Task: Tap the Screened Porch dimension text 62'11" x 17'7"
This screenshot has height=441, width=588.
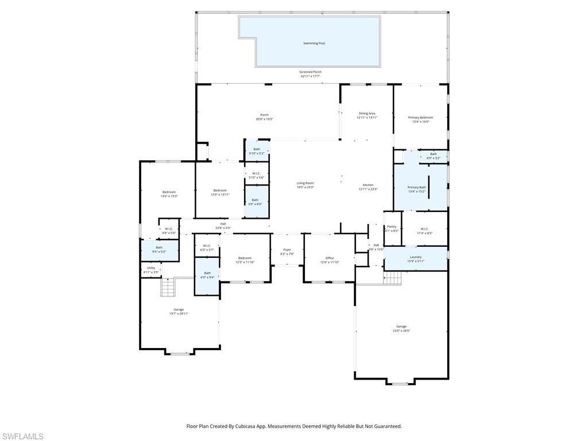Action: click(x=310, y=76)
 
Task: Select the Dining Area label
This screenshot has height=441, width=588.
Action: click(x=367, y=114)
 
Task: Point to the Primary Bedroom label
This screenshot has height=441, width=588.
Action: click(x=420, y=118)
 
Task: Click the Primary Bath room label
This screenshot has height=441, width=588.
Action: click(x=416, y=187)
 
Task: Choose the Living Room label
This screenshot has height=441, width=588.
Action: click(x=305, y=183)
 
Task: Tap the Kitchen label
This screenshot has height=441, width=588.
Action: click(x=367, y=185)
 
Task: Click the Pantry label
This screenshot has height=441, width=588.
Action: click(x=392, y=227)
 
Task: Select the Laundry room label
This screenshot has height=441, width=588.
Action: click(x=416, y=257)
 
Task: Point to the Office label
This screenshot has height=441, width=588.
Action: click(x=329, y=258)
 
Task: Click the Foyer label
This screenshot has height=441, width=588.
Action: click(x=287, y=250)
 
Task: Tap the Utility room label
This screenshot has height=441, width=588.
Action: click(x=150, y=268)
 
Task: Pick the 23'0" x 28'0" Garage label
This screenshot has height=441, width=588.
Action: click(x=401, y=326)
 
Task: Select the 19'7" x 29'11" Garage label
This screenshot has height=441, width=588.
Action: click(x=179, y=310)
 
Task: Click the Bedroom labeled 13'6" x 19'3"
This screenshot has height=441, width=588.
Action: click(x=169, y=192)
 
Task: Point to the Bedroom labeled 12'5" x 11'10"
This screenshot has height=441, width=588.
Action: click(x=245, y=258)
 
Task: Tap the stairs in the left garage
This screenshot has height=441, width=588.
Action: click(x=167, y=287)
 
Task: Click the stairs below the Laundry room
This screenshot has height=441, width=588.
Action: click(x=392, y=278)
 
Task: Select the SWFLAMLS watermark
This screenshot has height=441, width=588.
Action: click(x=22, y=436)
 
